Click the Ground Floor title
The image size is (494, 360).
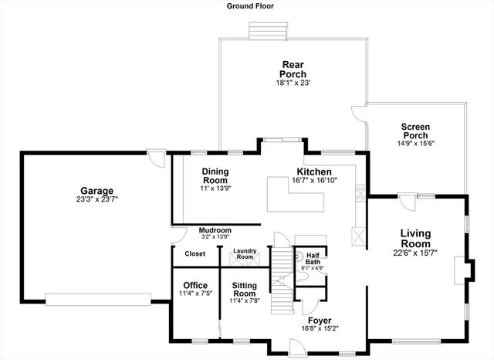250,6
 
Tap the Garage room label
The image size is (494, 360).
97,191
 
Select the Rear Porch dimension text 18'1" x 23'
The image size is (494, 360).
293,83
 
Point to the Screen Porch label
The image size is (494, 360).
415,131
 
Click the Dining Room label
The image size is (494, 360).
216,175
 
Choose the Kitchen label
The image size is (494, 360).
314,171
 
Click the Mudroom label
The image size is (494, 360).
215,230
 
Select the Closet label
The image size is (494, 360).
195,253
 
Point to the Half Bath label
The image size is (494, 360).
313,258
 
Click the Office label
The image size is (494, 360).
195,285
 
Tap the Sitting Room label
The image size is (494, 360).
245,289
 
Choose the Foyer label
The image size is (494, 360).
320,320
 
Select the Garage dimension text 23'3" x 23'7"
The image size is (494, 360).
97,199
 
